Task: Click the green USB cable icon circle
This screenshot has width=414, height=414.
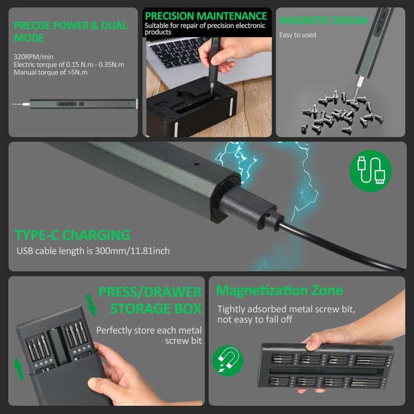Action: (371, 171)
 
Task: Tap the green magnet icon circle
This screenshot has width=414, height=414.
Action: (228, 361)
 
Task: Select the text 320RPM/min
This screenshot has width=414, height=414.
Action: (34, 57)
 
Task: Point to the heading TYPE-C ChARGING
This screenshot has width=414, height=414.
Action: (72, 235)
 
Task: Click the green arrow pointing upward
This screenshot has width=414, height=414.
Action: (19, 369)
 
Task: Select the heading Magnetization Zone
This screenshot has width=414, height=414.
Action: (279, 290)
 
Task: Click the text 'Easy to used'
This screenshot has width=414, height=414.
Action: (298, 35)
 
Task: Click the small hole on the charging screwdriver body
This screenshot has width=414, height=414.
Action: (197, 164)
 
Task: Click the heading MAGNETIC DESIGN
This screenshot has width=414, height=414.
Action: (323, 20)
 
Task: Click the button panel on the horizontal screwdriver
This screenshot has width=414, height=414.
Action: (67, 104)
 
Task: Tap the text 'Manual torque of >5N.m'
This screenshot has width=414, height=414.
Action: (50, 72)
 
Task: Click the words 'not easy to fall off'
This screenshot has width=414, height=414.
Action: (255, 319)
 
